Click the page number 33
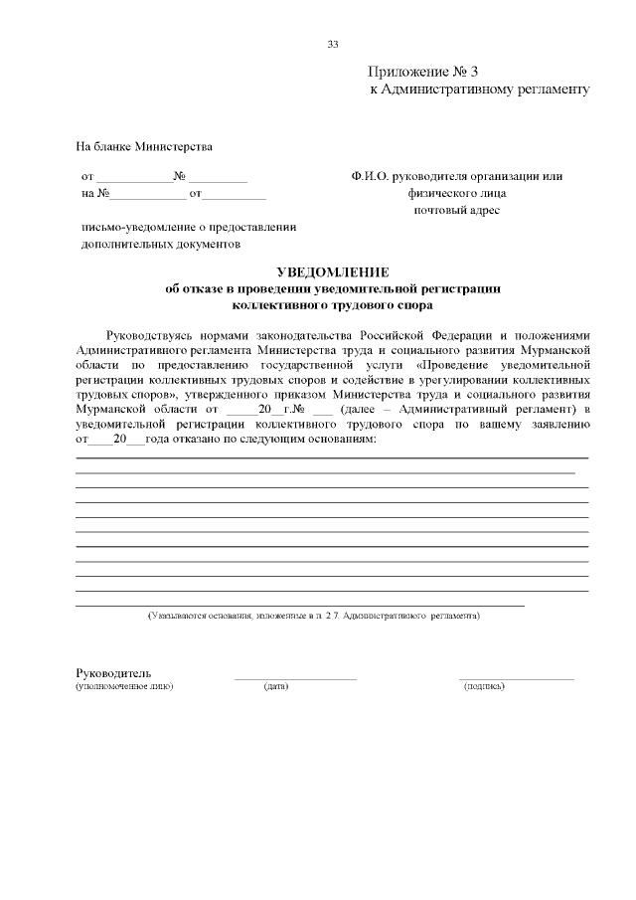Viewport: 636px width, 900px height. [333, 44]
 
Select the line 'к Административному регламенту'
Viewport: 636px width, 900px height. [479, 90]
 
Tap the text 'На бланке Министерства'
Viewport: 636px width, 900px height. [145, 147]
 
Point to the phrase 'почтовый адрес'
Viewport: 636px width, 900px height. [457, 210]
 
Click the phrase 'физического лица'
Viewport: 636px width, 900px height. [457, 193]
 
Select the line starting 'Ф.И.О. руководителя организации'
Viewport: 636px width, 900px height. [457, 176]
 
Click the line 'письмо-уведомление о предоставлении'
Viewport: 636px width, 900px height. [189, 227]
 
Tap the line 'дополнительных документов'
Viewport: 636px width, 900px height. [160, 244]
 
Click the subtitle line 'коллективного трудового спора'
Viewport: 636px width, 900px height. [332, 305]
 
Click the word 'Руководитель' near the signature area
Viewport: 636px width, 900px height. [113, 673]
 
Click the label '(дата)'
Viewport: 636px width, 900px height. [276, 686]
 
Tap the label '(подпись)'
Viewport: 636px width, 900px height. [484, 686]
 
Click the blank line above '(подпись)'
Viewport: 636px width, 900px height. [516, 678]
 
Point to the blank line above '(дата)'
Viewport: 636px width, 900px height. [295, 678]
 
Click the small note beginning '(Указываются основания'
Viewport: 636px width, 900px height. [313, 617]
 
